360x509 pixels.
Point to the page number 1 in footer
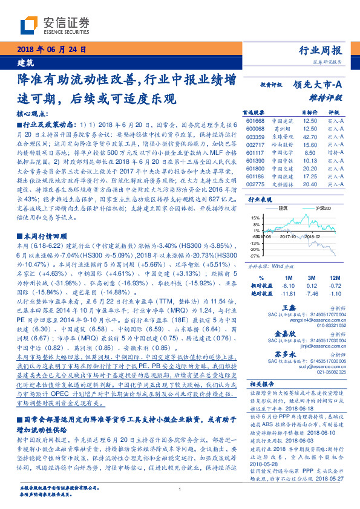180,489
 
